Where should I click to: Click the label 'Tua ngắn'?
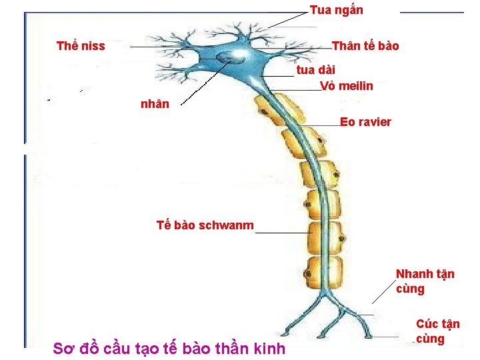[336, 10]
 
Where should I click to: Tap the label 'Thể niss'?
[81, 46]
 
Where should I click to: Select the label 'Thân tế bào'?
[365, 46]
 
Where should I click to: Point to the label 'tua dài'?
[315, 69]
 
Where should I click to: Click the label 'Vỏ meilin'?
[346, 86]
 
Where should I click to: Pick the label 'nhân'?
[155, 104]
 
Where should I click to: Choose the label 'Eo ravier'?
[365, 122]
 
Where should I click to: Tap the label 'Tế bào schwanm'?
[205, 225]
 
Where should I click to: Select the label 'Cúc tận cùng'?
[437, 331]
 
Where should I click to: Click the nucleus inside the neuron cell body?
[233, 57]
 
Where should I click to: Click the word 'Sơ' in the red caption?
[63, 348]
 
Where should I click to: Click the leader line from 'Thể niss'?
[167, 47]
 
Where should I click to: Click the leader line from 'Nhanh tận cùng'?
[383, 291]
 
